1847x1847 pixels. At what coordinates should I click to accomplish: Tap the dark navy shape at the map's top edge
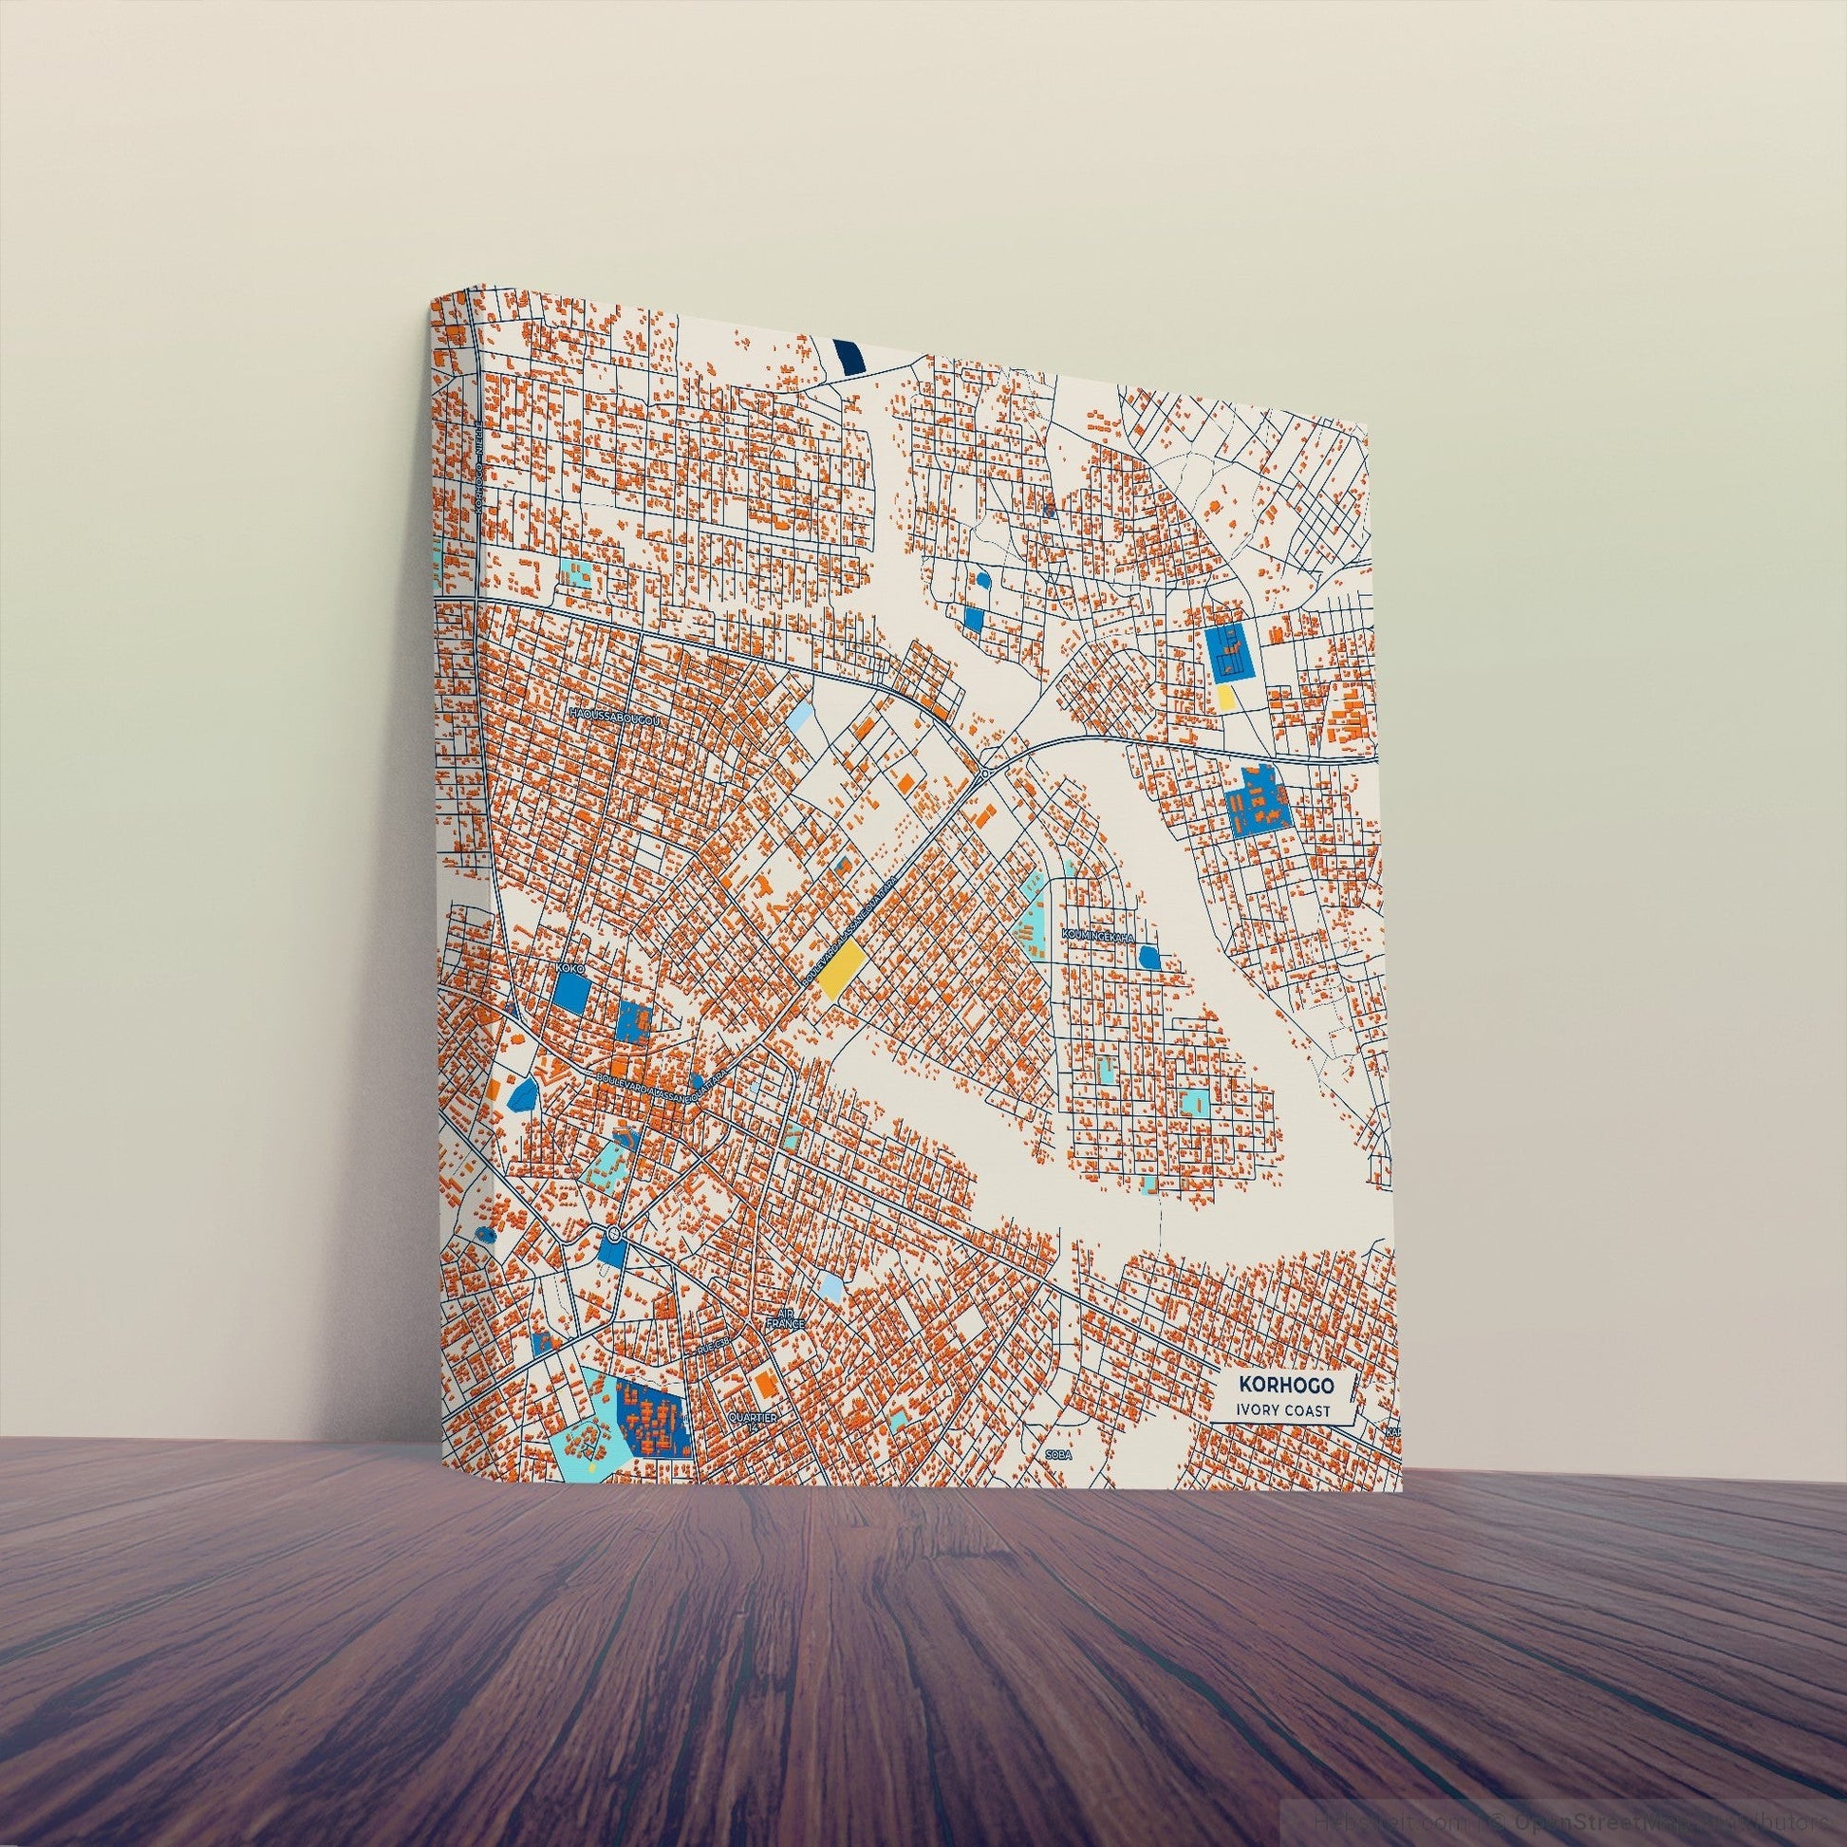(848, 356)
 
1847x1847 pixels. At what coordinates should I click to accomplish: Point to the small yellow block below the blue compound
(1224, 695)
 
